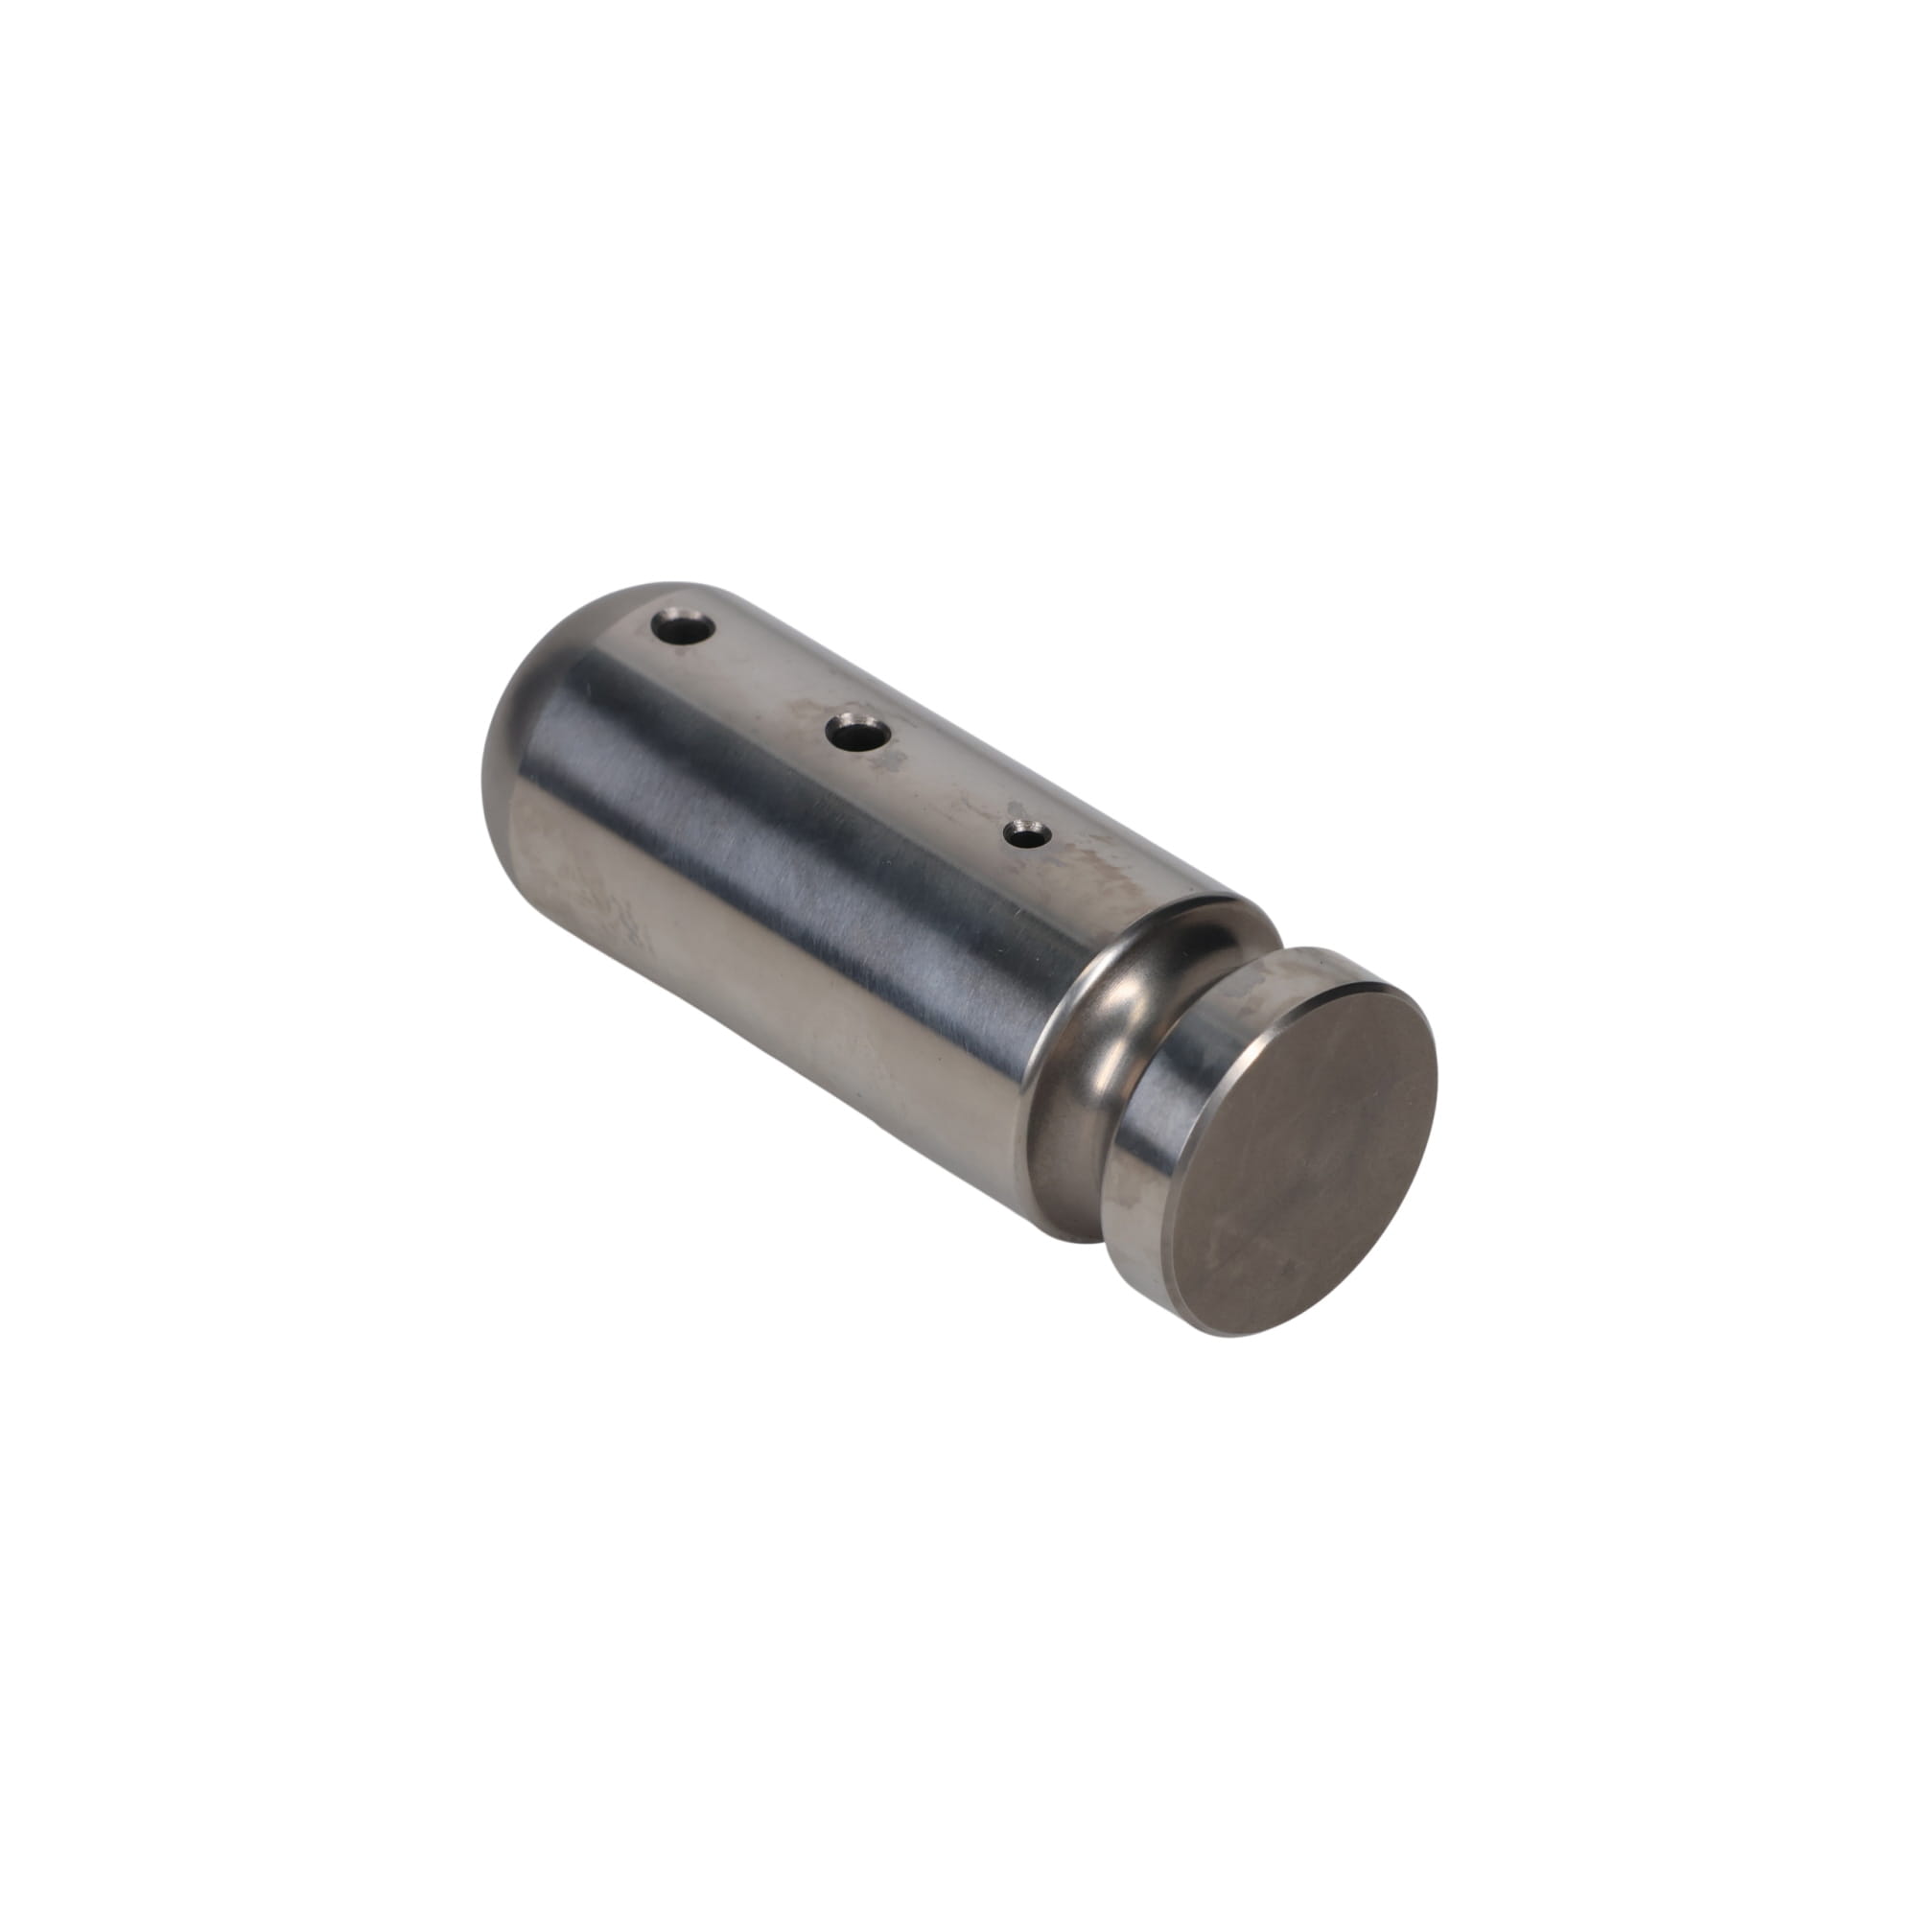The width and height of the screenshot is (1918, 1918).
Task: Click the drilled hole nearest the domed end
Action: pos(684,628)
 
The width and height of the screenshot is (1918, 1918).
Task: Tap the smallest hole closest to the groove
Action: pos(1021,834)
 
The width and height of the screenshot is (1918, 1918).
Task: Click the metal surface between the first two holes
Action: pos(769,680)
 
